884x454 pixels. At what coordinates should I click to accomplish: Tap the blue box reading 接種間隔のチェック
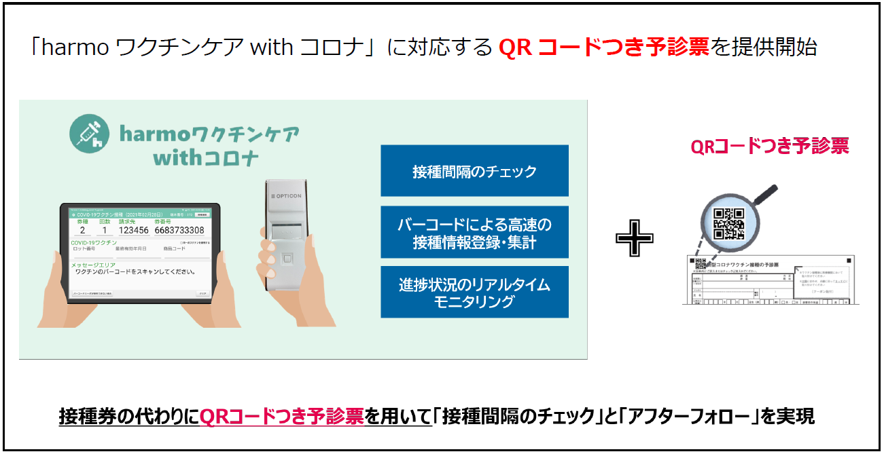click(474, 171)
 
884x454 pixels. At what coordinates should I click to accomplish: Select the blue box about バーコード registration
click(474, 232)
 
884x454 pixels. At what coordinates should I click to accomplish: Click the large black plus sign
click(634, 238)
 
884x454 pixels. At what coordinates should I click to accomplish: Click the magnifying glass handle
click(766, 197)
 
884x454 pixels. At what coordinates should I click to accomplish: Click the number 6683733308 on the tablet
click(179, 230)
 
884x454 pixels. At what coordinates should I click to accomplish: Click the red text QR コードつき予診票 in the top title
click(603, 48)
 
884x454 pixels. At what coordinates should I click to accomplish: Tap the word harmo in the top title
click(75, 48)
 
